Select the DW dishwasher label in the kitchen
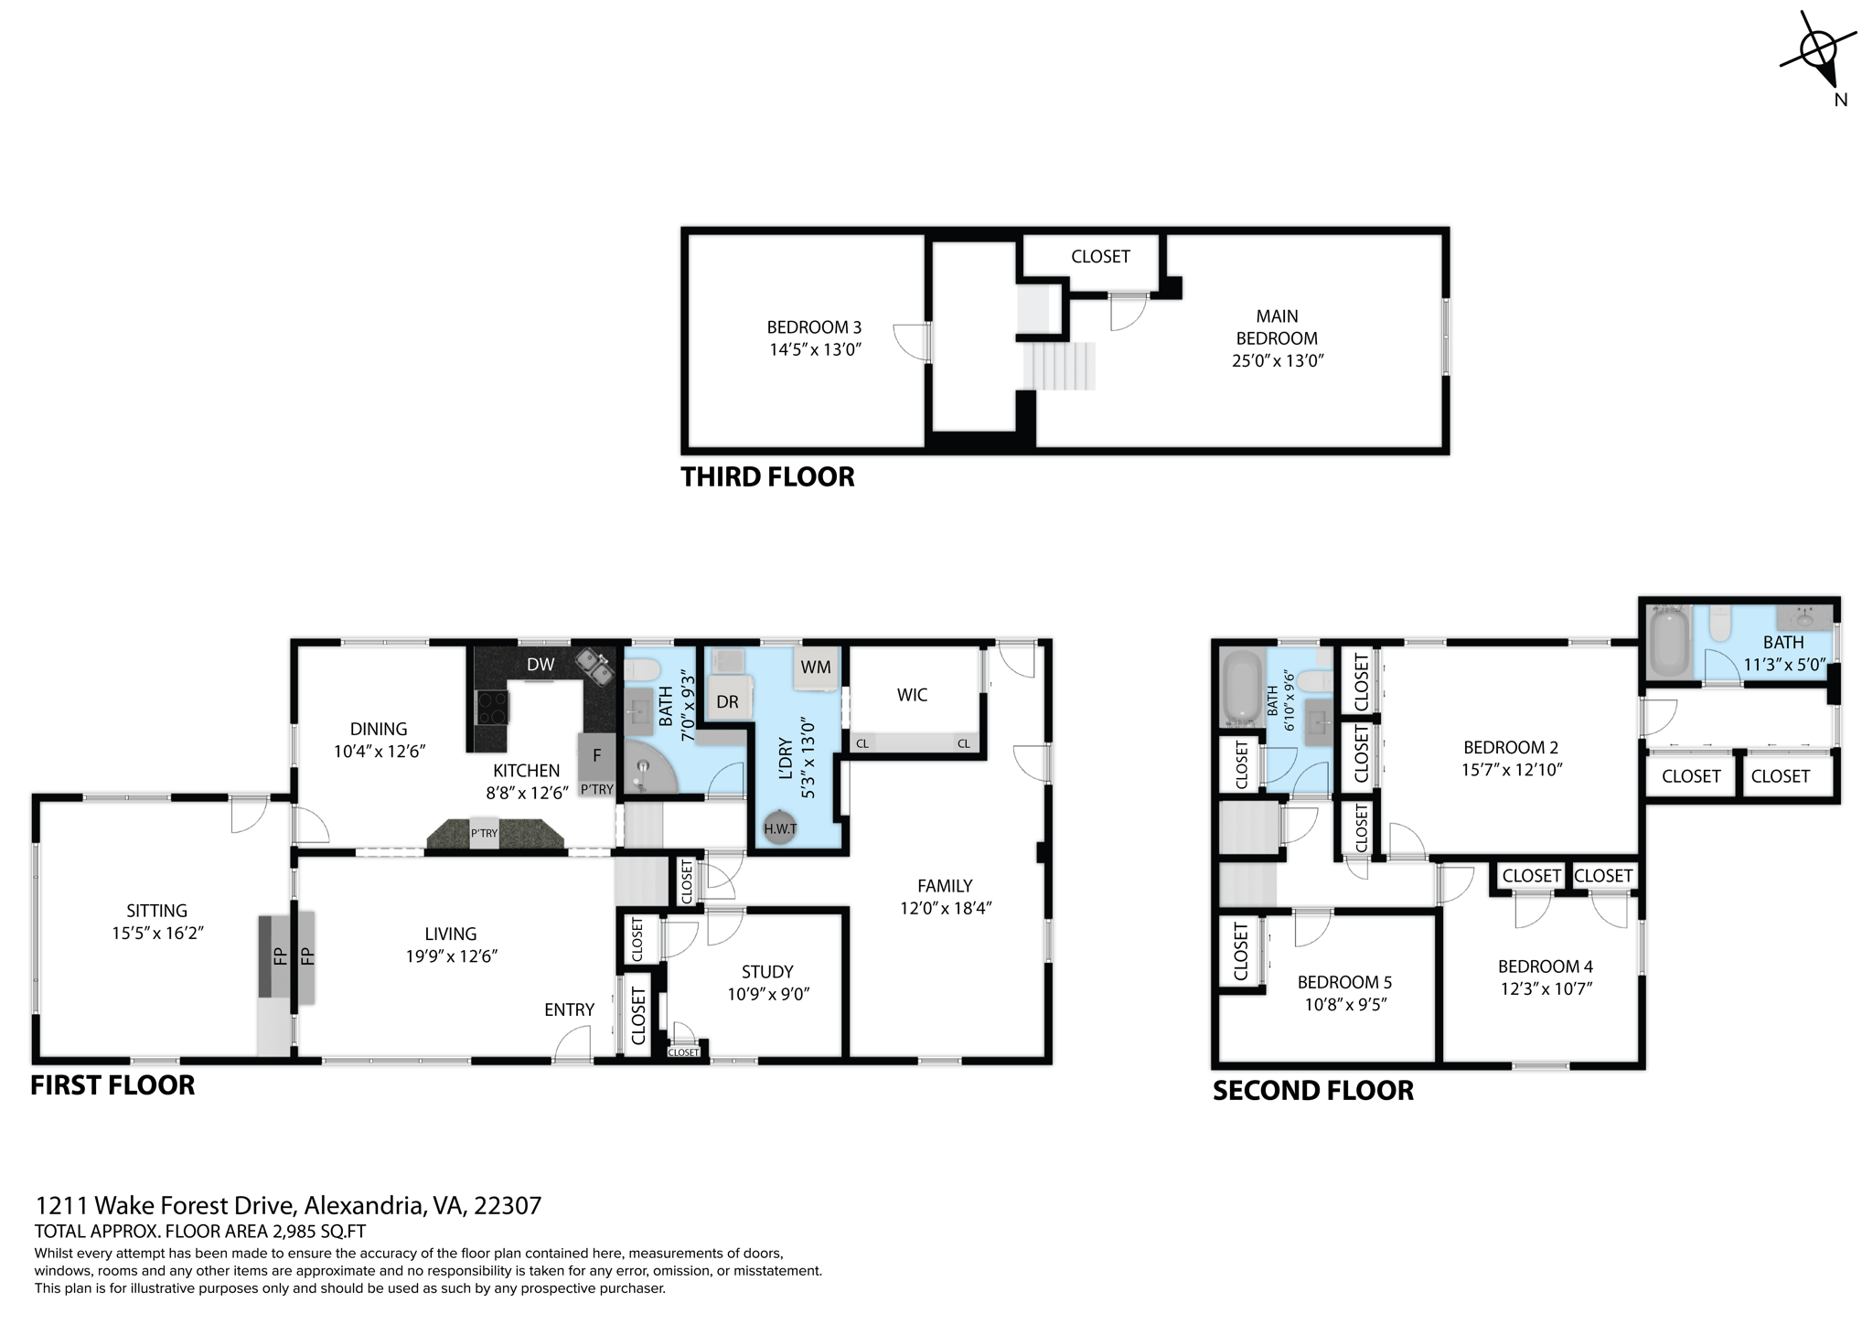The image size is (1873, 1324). click(x=540, y=665)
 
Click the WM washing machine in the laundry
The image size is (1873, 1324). click(x=816, y=667)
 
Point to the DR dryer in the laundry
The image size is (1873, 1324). click(x=727, y=701)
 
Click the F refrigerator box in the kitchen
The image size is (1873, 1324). click(x=596, y=755)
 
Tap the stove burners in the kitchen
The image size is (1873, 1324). click(x=492, y=707)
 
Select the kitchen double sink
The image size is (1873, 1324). click(x=594, y=666)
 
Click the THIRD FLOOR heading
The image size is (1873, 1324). click(x=767, y=476)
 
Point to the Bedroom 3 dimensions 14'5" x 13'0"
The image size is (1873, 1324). click(x=815, y=349)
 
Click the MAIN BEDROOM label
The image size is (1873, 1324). click(x=1277, y=326)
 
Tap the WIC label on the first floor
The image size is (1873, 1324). click(x=912, y=695)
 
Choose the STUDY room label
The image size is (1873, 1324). click(x=767, y=971)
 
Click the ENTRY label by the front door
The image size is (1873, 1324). click(x=569, y=1009)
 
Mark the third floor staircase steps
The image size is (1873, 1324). click(x=1059, y=366)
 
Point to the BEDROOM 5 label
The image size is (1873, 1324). click(x=1344, y=982)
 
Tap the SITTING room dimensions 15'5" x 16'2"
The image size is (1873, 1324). click(x=156, y=933)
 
